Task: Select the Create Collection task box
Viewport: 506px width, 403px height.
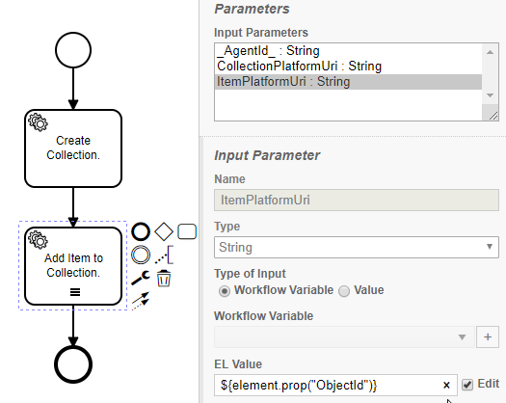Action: (x=73, y=148)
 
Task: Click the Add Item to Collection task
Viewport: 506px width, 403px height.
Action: (x=73, y=266)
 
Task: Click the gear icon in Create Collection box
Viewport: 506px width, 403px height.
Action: (x=39, y=122)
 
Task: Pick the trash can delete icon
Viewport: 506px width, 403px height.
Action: (x=164, y=279)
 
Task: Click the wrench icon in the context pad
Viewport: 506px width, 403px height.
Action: (x=141, y=278)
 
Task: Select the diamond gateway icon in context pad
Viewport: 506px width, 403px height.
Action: (x=164, y=231)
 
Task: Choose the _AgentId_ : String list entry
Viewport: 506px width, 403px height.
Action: (x=269, y=51)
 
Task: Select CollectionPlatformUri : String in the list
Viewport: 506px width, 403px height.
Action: (x=299, y=67)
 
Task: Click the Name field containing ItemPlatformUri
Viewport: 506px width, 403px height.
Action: (x=357, y=200)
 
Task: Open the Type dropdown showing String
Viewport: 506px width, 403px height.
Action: (x=357, y=247)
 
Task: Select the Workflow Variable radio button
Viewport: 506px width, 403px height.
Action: (x=225, y=291)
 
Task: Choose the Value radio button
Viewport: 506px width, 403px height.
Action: (x=344, y=291)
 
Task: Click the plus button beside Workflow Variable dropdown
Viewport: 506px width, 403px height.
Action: (x=488, y=336)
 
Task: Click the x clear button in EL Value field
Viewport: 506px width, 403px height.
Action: (x=446, y=385)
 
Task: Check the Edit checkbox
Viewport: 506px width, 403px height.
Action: (x=467, y=385)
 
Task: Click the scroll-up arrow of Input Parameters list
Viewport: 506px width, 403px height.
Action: (x=490, y=52)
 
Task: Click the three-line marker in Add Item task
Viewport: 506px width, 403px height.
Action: (x=75, y=292)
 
